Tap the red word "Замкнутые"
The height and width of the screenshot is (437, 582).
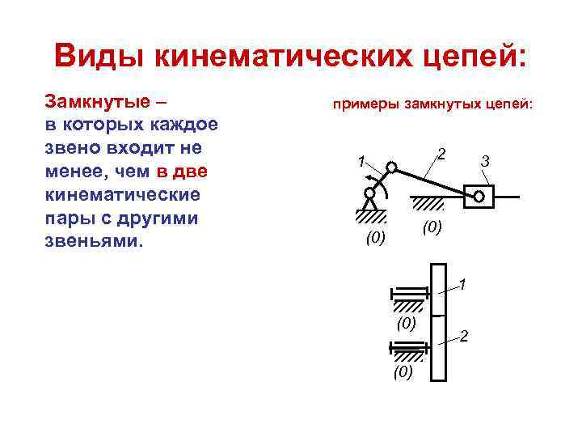pyautogui.click(x=98, y=103)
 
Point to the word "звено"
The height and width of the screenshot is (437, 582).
pyautogui.click(x=75, y=149)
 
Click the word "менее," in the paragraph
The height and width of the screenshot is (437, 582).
pyautogui.click(x=80, y=172)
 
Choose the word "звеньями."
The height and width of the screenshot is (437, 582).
pyautogui.click(x=92, y=242)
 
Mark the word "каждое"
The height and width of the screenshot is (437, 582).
pyautogui.click(x=183, y=126)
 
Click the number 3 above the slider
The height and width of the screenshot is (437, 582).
pyautogui.click(x=484, y=162)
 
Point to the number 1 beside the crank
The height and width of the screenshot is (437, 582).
pyautogui.click(x=362, y=159)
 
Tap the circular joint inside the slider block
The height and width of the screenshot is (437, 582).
pyautogui.click(x=479, y=196)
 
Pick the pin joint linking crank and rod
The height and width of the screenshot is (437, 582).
pyautogui.click(x=391, y=168)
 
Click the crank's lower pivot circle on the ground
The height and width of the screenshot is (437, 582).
pyautogui.click(x=369, y=193)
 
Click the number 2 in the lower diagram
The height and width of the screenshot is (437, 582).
pyautogui.click(x=464, y=336)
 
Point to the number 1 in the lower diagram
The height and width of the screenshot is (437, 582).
pyautogui.click(x=462, y=283)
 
